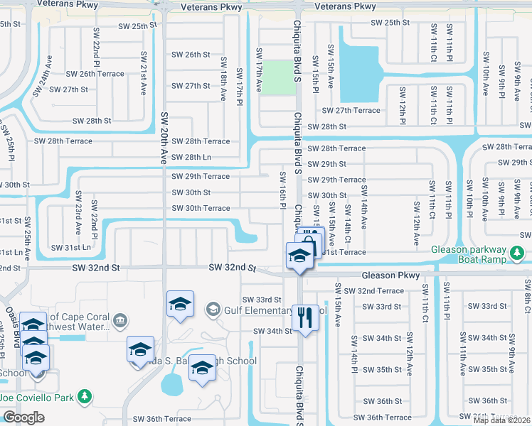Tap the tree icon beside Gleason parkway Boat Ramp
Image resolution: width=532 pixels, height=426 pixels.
click(517, 252)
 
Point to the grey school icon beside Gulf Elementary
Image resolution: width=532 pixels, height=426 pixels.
click(212, 309)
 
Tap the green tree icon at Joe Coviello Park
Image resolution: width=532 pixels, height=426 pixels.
click(85, 395)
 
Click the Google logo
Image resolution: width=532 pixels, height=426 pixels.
click(23, 417)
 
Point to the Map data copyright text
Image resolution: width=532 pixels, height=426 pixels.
click(502, 420)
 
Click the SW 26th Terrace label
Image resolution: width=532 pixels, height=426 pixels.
click(95, 74)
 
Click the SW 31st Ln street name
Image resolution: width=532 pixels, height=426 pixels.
click(71, 248)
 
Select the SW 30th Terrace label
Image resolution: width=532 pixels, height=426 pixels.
click(201, 208)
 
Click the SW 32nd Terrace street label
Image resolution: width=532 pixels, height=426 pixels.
click(373, 291)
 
